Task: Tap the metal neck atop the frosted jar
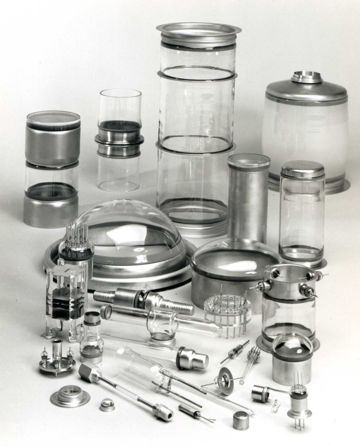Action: [x=306, y=77]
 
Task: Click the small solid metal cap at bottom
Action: [x=241, y=420]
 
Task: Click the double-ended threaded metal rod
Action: [x=144, y=300]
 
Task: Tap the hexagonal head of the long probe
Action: [x=88, y=372]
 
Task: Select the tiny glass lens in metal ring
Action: [x=106, y=405]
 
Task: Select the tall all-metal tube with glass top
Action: [x=248, y=200]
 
